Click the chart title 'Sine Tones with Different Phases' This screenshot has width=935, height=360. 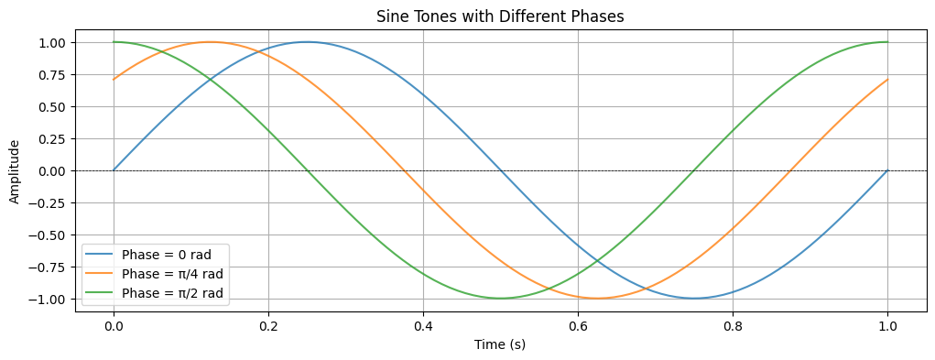tap(500, 16)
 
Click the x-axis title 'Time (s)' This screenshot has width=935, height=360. tap(500, 344)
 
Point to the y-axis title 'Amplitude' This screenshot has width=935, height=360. tap(14, 171)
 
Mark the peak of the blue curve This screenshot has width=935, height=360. tap(307, 41)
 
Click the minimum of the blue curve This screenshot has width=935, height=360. tap(694, 299)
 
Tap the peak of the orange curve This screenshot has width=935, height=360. tap(210, 41)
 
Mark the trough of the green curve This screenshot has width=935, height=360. tap(500, 299)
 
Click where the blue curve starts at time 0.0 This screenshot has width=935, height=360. tap(114, 170)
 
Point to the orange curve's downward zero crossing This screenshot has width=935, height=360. tap(404, 170)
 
